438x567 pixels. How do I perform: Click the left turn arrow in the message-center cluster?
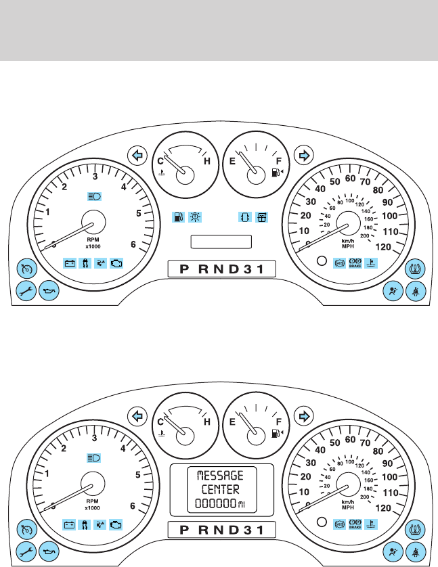click(138, 416)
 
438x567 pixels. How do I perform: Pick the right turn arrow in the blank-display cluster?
click(304, 156)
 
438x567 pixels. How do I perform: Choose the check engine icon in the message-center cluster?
click(117, 524)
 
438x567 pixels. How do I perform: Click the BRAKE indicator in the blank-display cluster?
click(355, 263)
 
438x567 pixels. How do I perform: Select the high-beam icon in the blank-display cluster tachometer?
click(94, 197)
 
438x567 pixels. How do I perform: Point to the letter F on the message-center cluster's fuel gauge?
click(278, 422)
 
